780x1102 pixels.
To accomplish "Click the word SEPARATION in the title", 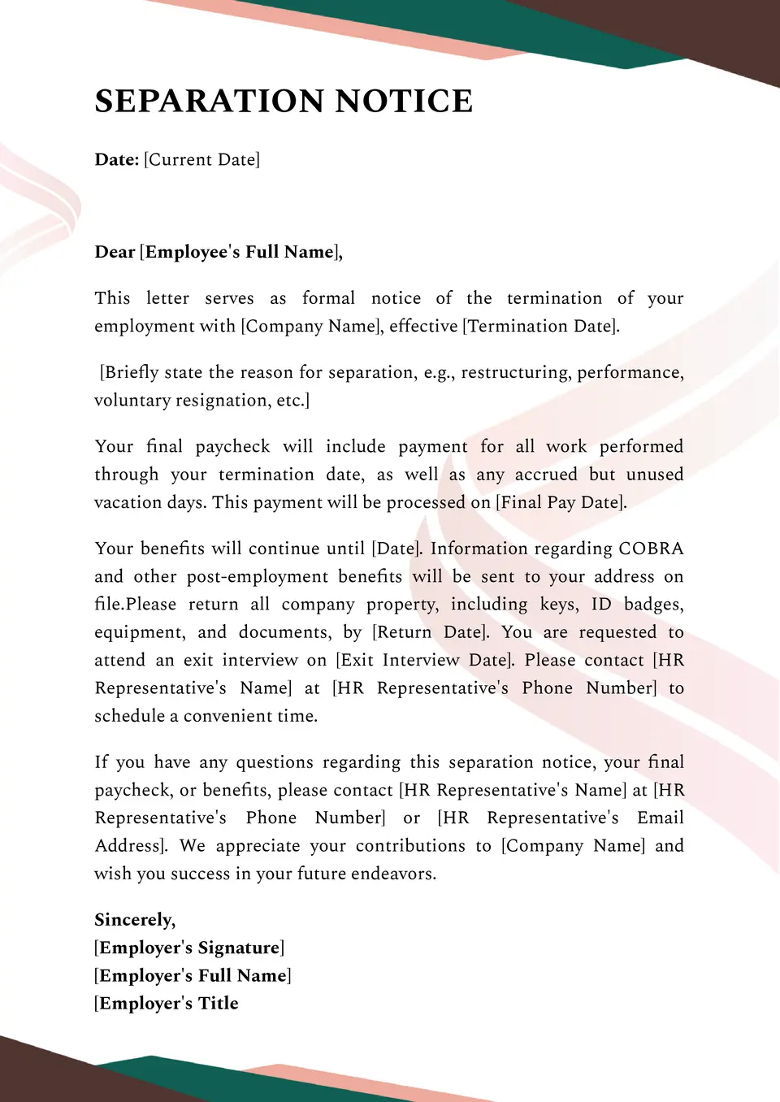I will [x=210, y=102].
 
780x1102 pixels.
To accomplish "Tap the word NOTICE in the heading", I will [x=404, y=102].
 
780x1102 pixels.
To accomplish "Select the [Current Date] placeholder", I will [x=201, y=160].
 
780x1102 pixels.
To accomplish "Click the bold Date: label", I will [x=116, y=160].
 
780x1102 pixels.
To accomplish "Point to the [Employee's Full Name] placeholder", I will [x=240, y=252].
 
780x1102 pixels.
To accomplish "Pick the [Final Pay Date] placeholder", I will [x=561, y=503].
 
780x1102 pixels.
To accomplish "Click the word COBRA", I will [x=651, y=549].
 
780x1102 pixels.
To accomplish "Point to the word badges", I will [x=653, y=605].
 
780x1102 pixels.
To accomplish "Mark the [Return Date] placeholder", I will [x=431, y=632].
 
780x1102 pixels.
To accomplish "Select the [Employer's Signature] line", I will [x=189, y=948].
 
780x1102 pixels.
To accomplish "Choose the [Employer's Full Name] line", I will [x=193, y=976].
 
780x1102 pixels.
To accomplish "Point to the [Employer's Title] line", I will [x=167, y=1004].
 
